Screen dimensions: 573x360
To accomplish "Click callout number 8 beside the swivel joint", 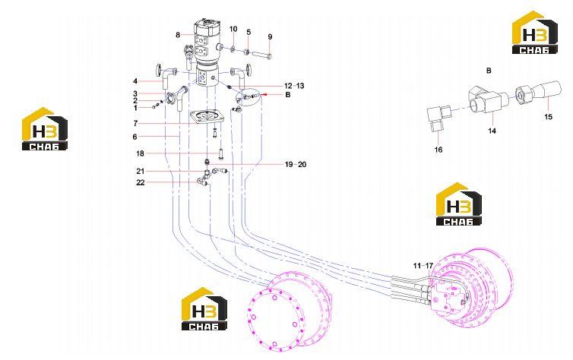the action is (x=178, y=35).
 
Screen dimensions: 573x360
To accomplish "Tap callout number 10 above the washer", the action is (x=233, y=29).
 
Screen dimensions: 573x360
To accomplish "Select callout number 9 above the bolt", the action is (x=270, y=37).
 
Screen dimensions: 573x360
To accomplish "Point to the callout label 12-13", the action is (x=295, y=86).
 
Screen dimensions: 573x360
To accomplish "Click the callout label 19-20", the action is (x=296, y=165).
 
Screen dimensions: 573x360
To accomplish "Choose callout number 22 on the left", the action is (x=141, y=182).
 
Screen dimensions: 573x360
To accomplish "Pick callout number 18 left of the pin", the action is (x=140, y=153).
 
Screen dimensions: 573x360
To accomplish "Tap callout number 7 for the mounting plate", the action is (x=135, y=124).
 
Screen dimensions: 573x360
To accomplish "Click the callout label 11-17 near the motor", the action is (x=423, y=266).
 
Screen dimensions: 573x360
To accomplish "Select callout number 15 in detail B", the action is (x=548, y=117).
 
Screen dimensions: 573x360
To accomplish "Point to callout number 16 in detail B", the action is (x=438, y=150).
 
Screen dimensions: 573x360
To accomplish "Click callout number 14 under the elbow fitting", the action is (x=492, y=131).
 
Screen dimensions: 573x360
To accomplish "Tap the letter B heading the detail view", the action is (x=489, y=71).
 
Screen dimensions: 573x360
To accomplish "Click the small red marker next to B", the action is (x=265, y=94).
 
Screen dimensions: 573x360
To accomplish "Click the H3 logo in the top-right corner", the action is (x=535, y=33).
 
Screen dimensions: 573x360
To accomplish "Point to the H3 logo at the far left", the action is (x=45, y=129).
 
